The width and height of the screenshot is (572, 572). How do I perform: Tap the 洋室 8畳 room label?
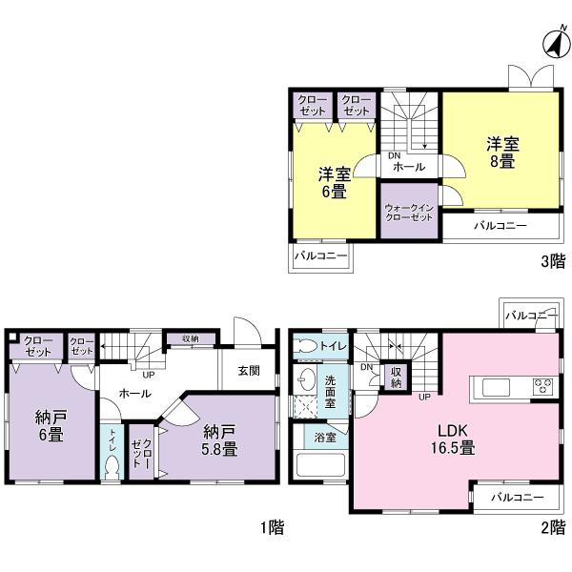501,153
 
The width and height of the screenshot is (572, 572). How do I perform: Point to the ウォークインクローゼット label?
409,212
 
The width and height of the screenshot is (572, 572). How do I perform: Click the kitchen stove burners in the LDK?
541,386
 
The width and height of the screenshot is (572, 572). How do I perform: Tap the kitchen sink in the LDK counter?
499,387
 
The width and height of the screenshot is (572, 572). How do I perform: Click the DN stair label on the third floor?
392,156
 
